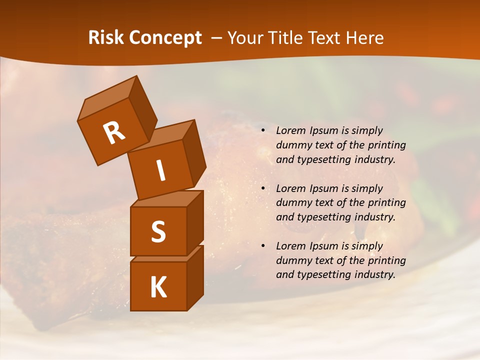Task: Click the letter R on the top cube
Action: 114,133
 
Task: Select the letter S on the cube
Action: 158,231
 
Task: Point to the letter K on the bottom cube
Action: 158,287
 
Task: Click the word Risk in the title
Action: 106,37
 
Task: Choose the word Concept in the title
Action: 165,37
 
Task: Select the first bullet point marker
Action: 263,131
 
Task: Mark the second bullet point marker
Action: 263,189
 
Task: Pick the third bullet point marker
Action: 263,246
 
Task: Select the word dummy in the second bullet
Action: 292,203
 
